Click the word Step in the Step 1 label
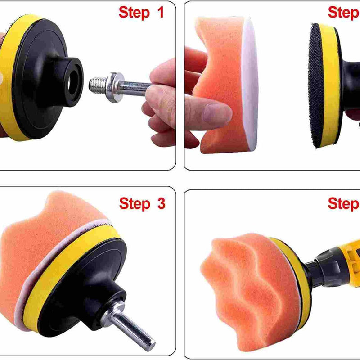coord(134,13)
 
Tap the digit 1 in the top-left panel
coord(160,13)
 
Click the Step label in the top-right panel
coord(343,13)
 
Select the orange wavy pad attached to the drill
coord(247,274)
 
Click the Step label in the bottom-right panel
coord(343,203)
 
